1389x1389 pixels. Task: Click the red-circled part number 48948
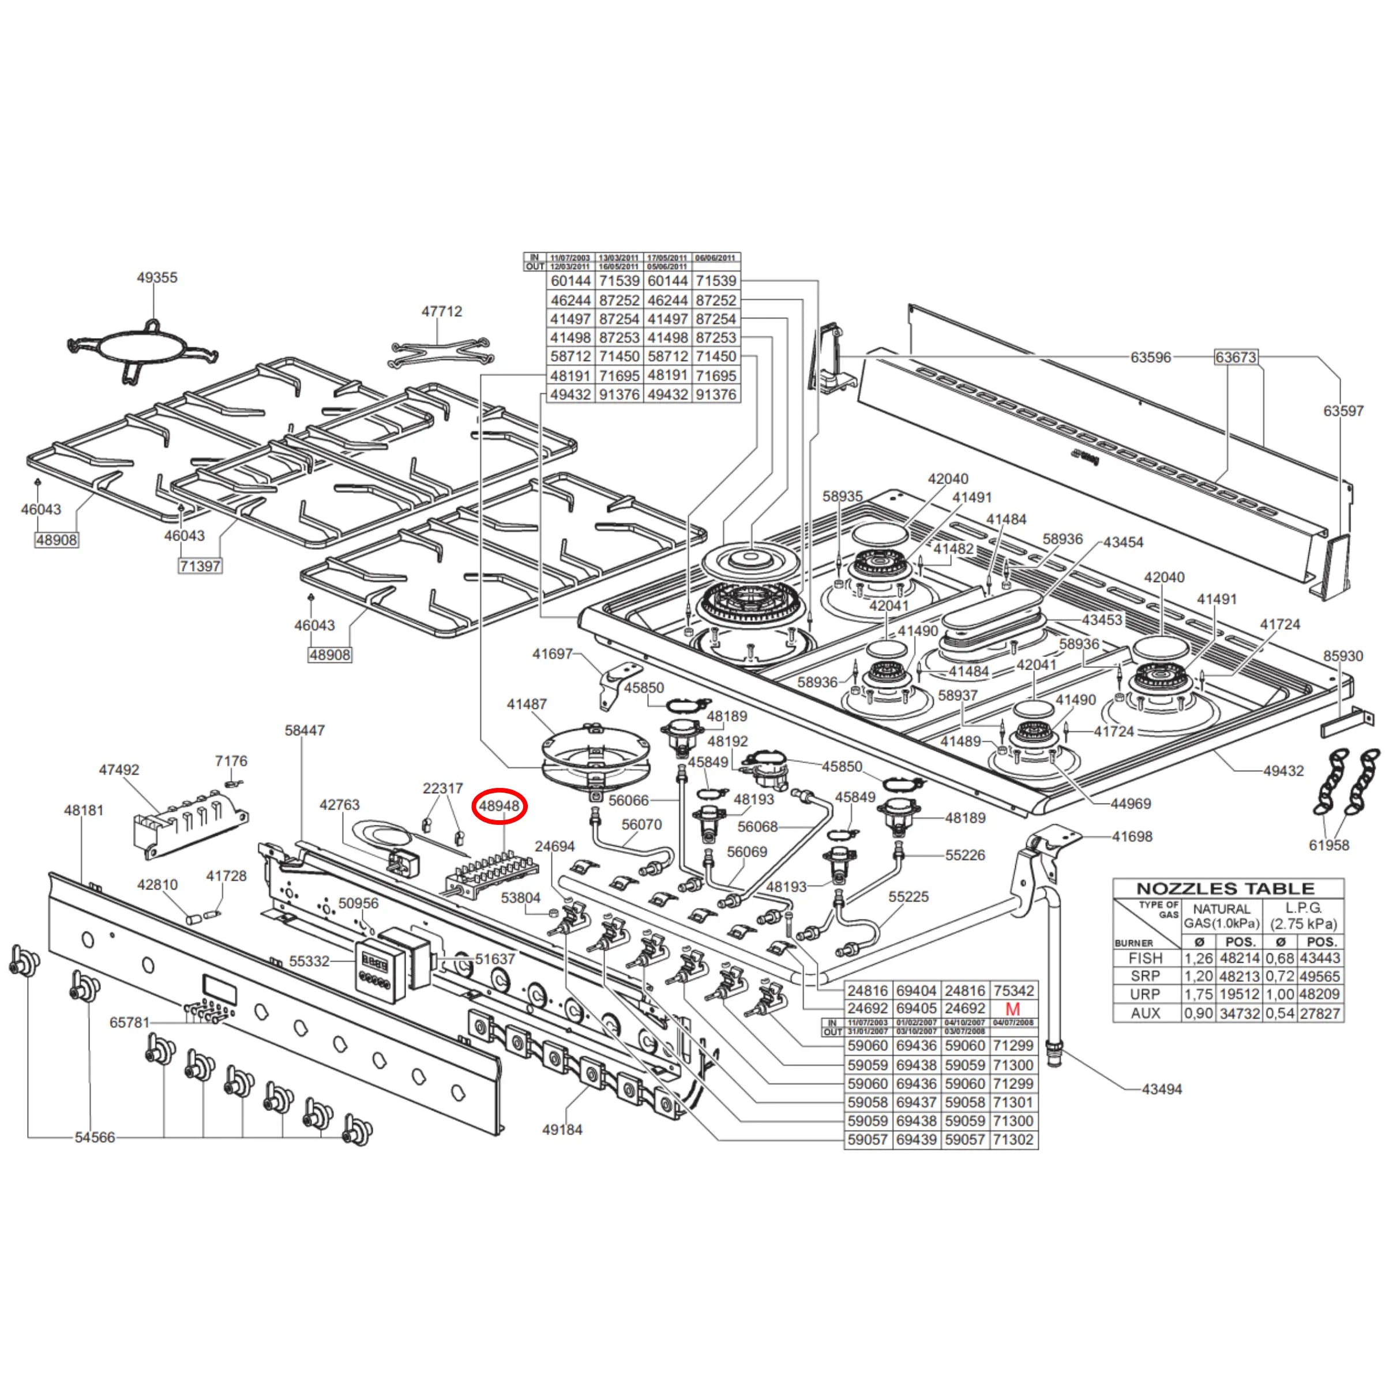pos(499,806)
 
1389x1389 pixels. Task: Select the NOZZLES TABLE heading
pos(1226,889)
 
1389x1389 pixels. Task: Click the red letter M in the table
pos(1012,1009)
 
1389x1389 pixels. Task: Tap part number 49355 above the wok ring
pos(157,277)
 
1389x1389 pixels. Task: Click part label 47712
pos(441,311)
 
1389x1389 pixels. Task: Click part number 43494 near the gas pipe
pos(1162,1089)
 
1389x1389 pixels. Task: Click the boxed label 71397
pos(200,566)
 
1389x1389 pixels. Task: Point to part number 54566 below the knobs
pos(95,1138)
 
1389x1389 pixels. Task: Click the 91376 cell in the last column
pos(716,395)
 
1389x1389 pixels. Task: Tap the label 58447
pos(305,730)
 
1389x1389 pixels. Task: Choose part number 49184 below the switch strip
pos(562,1130)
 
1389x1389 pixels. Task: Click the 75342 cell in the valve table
pos(1013,991)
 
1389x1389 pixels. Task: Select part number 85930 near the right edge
pos(1343,656)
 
